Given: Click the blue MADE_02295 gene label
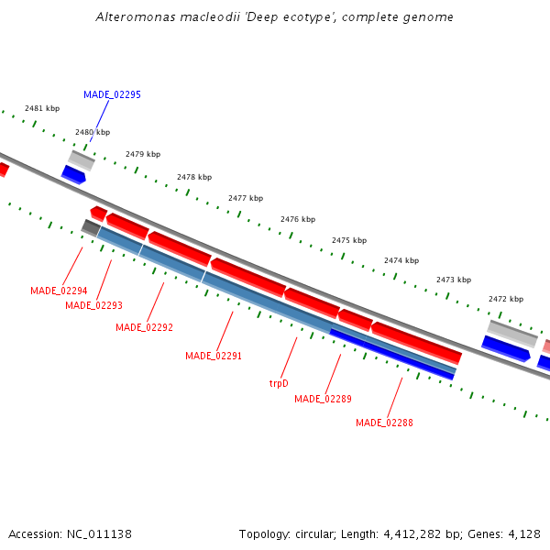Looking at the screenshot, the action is (112, 94).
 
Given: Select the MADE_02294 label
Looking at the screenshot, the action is (59, 291).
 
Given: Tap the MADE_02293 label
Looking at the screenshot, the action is (93, 305).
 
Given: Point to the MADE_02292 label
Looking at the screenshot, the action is (144, 327).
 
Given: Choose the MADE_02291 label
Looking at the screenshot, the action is (214, 356).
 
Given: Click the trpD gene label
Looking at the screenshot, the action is (279, 383).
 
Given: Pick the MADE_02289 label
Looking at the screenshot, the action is (323, 399).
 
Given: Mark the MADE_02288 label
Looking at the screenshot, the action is (384, 423).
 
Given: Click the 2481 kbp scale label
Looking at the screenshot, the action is (42, 108).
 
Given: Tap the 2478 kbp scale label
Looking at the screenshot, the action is (194, 177).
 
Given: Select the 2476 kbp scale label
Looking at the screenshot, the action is (298, 219).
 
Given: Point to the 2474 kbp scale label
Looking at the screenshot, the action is (401, 260).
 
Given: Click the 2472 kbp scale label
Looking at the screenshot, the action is (506, 299).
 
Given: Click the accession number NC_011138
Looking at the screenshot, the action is (99, 533).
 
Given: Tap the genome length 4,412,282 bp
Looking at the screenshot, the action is (416, 533).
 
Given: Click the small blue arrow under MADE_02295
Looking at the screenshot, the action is (73, 174).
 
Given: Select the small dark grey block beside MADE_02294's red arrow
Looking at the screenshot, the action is (91, 226).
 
